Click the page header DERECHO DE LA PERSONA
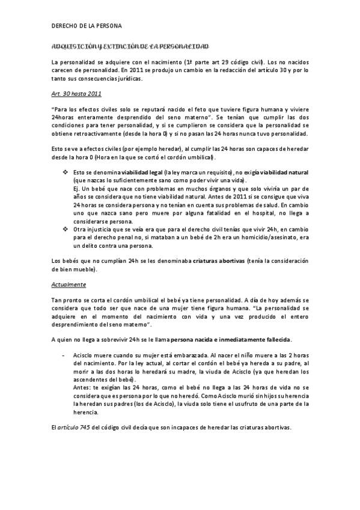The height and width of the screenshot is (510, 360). tap(87, 26)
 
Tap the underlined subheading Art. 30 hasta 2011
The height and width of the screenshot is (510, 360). tap(76, 94)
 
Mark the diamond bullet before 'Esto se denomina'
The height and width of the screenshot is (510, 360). tap(66, 172)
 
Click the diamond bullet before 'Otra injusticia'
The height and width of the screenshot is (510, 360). tap(66, 229)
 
